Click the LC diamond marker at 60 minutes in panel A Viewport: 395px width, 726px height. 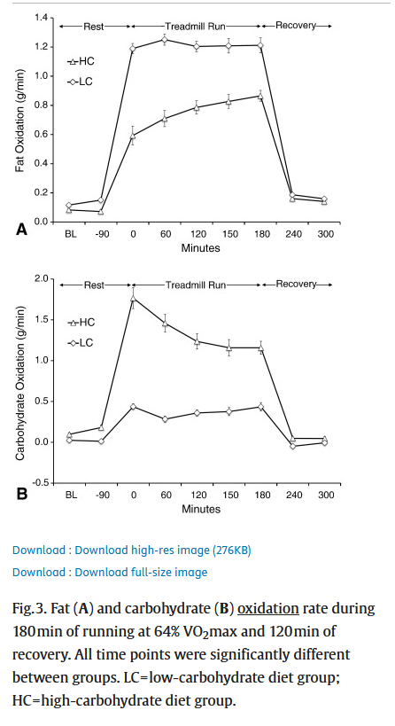coord(165,40)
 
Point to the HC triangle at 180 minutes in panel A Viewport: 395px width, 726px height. coord(261,96)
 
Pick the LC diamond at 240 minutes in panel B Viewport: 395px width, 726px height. coord(293,446)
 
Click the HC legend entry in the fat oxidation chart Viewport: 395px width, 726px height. coord(81,61)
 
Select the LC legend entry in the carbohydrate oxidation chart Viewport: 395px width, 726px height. coord(80,343)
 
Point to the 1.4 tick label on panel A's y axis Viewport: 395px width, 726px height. coord(41,18)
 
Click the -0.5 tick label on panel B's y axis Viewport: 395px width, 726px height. coord(39,483)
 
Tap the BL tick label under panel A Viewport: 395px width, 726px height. coord(70,234)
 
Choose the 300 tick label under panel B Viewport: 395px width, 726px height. coord(326,495)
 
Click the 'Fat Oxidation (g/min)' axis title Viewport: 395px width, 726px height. coord(19,121)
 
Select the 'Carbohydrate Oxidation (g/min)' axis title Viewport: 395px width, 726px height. coord(19,383)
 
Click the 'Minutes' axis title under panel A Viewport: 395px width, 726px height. coord(200,248)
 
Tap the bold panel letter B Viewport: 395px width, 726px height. coord(22,494)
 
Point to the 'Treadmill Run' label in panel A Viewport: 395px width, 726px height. coord(196,26)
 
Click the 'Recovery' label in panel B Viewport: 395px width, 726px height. coord(296,284)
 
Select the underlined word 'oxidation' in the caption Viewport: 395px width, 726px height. coord(267,608)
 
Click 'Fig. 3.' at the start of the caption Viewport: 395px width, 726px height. coord(28,608)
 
